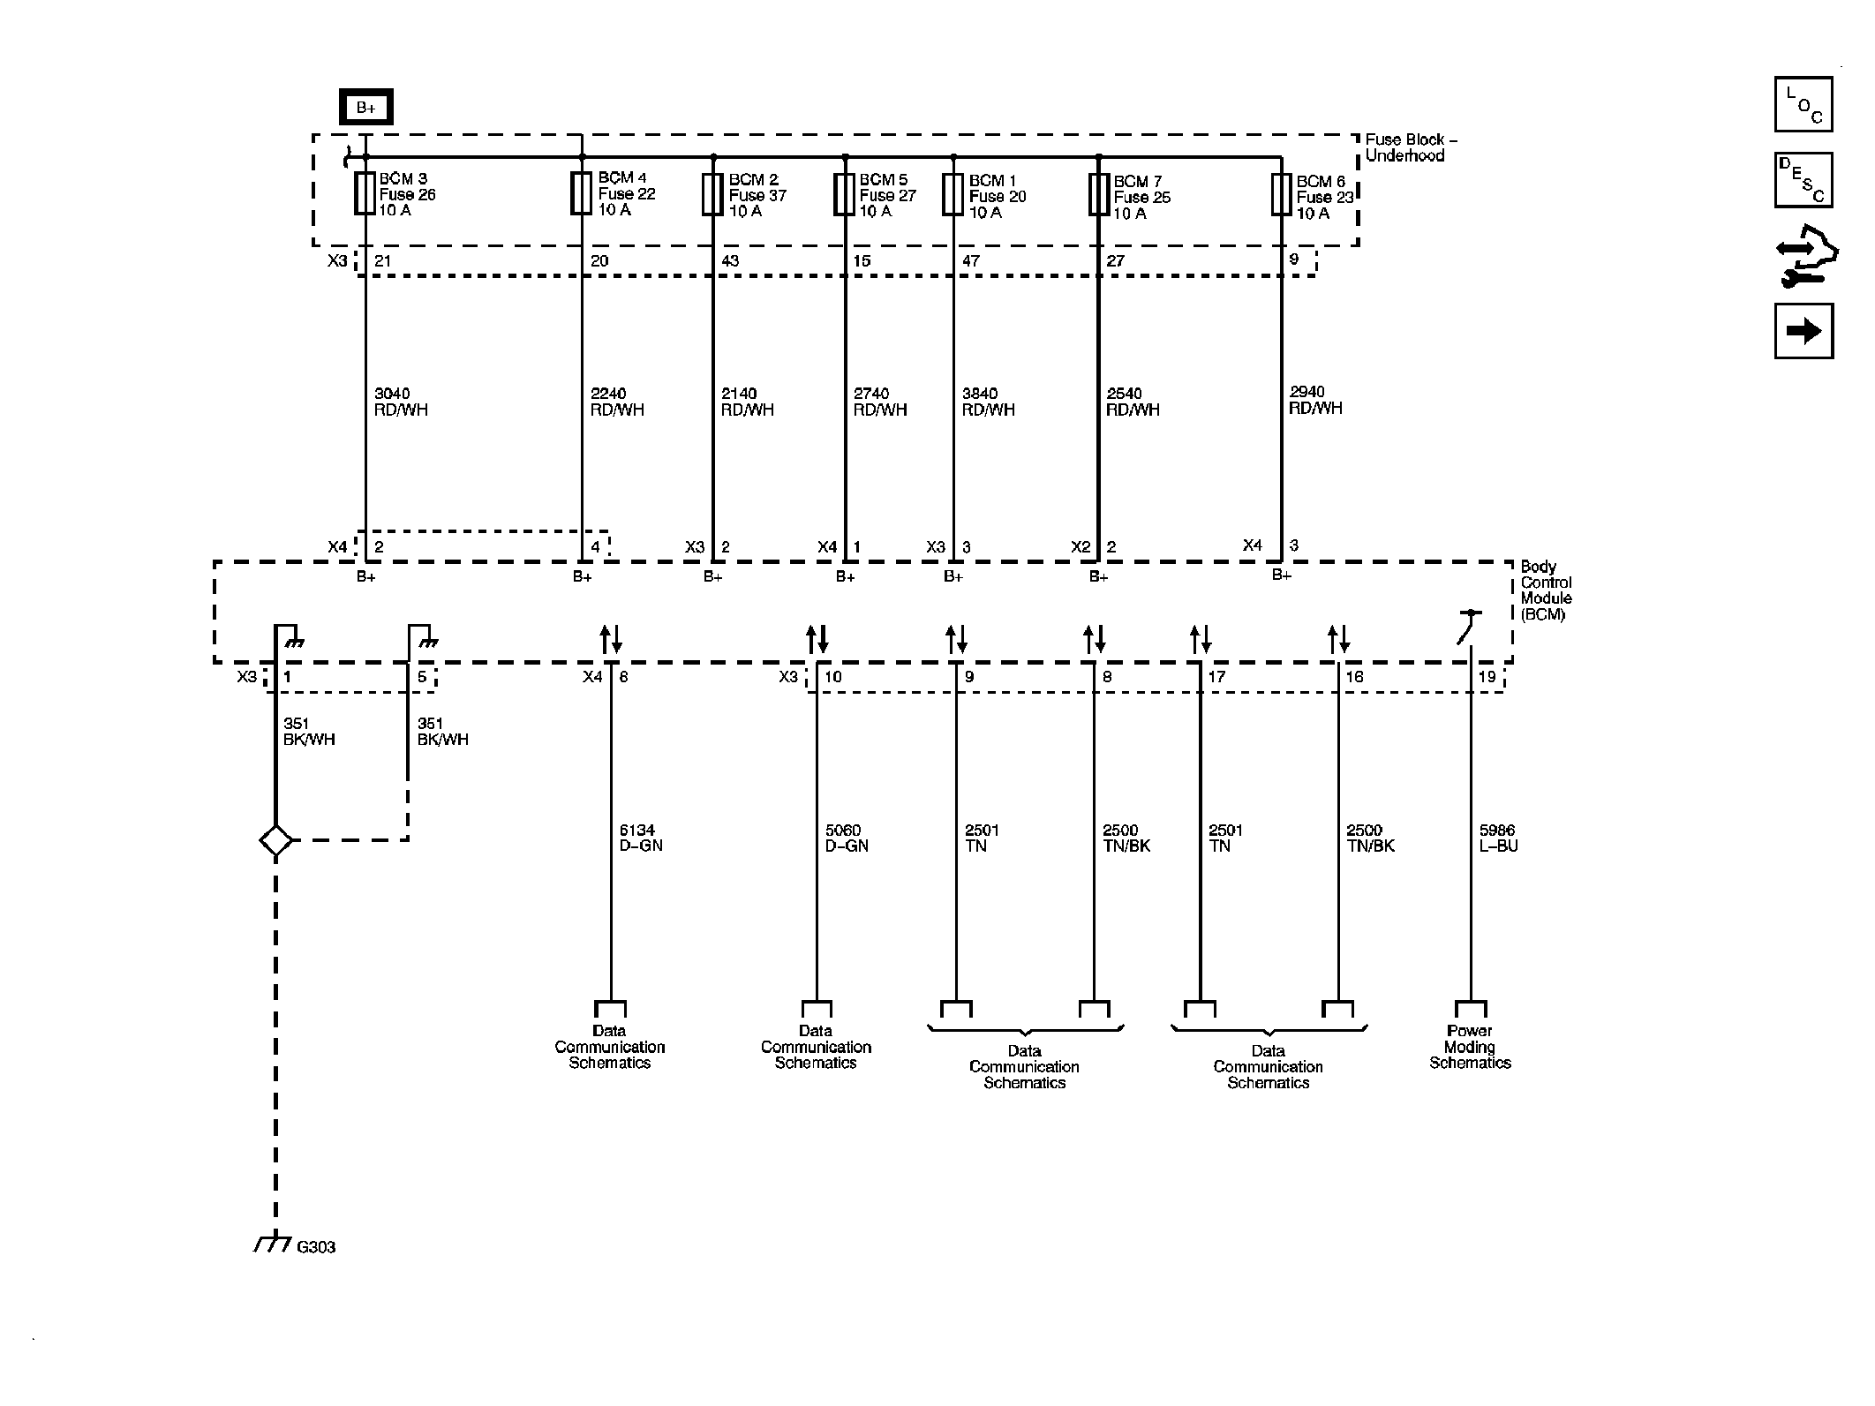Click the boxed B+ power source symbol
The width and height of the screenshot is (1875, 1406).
pos(365,108)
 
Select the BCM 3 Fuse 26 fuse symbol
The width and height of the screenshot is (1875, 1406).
pos(365,193)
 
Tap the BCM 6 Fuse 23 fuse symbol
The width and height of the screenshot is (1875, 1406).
pos(1282,194)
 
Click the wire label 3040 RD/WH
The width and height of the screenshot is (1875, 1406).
pos(401,402)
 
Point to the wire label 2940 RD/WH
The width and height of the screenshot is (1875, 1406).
pos(1315,400)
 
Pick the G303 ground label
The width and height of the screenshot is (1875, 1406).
pos(316,1247)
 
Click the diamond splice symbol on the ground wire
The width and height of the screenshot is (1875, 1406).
pos(276,840)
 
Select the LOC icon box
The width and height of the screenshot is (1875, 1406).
pos(1803,104)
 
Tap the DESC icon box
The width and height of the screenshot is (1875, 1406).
pos(1803,180)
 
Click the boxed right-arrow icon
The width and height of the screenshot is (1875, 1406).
pos(1803,331)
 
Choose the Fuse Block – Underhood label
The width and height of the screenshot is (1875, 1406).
pos(1411,147)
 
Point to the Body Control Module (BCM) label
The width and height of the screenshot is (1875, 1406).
pos(1546,590)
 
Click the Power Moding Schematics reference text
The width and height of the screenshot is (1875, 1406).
pos(1470,1047)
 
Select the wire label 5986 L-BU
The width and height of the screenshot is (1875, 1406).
pos(1499,838)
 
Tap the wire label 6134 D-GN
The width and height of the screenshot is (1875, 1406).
pos(641,838)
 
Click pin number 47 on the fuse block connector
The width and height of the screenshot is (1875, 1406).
pos(971,261)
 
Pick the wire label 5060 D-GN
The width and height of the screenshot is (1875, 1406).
pos(847,838)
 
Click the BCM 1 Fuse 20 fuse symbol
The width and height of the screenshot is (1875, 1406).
pos(953,194)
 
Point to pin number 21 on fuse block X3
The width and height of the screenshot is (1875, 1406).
pos(382,261)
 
